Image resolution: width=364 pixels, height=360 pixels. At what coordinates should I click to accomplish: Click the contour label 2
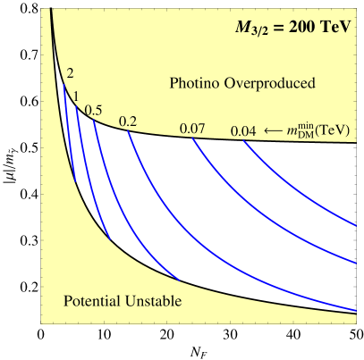point(71,73)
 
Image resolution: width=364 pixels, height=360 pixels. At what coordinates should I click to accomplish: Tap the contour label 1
point(77,96)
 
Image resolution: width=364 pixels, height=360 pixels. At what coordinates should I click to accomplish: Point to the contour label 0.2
point(128,121)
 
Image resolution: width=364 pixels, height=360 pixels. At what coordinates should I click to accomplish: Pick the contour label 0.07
point(192,129)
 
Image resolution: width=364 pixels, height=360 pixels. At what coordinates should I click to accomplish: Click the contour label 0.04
point(243,131)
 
